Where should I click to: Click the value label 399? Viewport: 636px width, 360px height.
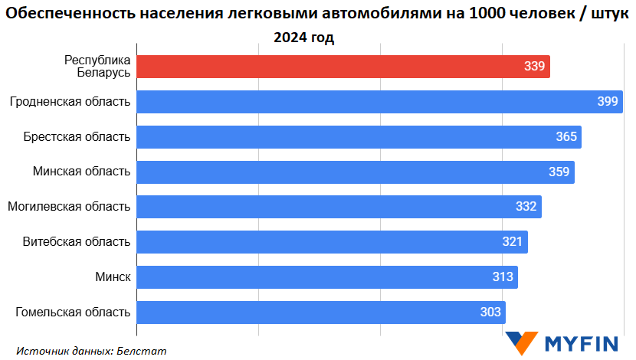(x=608, y=102)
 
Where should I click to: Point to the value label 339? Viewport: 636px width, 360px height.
(x=535, y=67)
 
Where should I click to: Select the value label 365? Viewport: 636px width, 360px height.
(x=566, y=137)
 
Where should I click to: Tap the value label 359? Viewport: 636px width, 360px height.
(x=559, y=172)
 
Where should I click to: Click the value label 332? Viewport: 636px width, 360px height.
(x=526, y=207)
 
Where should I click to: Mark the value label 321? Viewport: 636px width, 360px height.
(x=512, y=242)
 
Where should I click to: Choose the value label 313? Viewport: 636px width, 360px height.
(x=503, y=277)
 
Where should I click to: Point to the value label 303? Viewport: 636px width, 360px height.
(x=490, y=312)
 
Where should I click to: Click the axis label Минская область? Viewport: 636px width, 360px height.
(x=81, y=172)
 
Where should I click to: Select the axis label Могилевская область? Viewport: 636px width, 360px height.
(x=69, y=207)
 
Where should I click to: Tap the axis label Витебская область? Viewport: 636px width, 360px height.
(x=77, y=242)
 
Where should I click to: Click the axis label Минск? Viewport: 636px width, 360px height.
(x=113, y=277)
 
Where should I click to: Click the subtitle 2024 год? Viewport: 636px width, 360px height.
(x=304, y=38)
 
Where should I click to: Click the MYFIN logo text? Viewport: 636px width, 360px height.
(x=582, y=344)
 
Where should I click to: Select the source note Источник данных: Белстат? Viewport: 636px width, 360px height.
(x=91, y=351)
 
